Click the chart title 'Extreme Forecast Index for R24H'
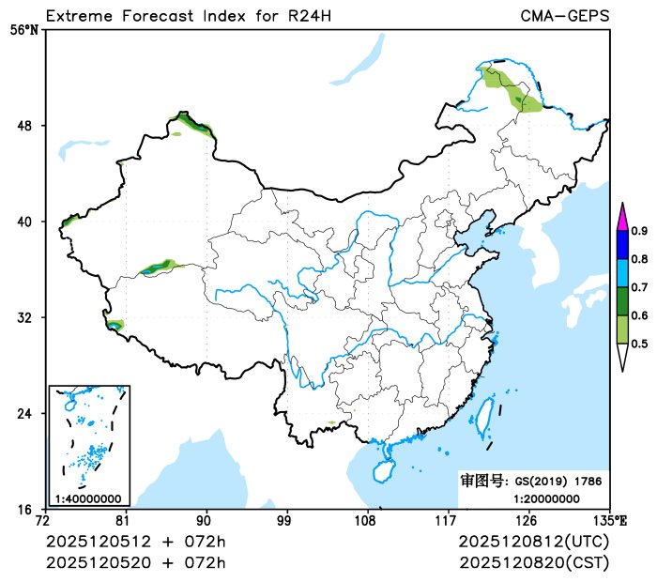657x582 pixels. (188, 16)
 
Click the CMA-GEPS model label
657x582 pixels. (564, 16)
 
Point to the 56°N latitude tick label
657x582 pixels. (24, 30)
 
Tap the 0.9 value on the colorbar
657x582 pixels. (639, 230)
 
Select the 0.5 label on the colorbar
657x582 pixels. (639, 345)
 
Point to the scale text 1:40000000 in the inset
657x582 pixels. (88, 498)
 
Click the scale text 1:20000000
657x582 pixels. (546, 498)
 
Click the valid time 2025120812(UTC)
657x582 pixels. (533, 543)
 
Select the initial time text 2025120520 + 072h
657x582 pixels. (136, 562)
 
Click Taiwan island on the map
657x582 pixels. (486, 416)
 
